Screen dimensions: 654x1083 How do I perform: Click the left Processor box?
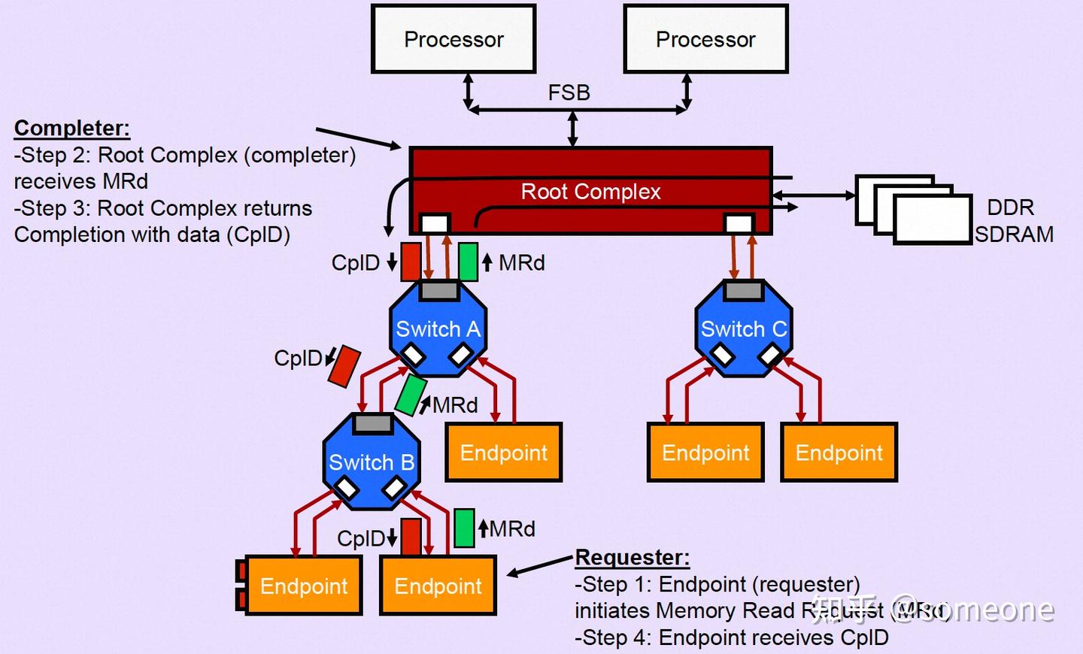pyautogui.click(x=454, y=39)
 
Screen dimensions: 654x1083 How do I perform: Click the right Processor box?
pyautogui.click(x=705, y=39)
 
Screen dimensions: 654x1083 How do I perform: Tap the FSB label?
pyautogui.click(x=569, y=92)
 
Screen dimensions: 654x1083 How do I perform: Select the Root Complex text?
pyautogui.click(x=590, y=192)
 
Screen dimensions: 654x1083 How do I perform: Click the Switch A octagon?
pyautogui.click(x=438, y=329)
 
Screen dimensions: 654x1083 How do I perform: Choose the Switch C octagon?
pyautogui.click(x=744, y=329)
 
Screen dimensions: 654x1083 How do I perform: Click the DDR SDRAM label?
pyautogui.click(x=1012, y=221)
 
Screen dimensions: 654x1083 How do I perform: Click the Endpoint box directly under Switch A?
pyautogui.click(x=504, y=453)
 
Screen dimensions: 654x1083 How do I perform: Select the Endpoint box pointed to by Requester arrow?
pyautogui.click(x=438, y=586)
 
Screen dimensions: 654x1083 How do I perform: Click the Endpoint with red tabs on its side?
pyautogui.click(x=303, y=586)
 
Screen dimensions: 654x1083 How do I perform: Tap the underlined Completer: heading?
pyautogui.click(x=72, y=128)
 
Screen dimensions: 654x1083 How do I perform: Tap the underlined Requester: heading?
pyautogui.click(x=632, y=558)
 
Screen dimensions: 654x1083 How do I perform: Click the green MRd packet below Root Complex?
pyautogui.click(x=468, y=262)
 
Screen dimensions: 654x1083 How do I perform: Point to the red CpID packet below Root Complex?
pyautogui.click(x=411, y=262)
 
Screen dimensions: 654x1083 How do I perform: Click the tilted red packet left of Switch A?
pyautogui.click(x=344, y=366)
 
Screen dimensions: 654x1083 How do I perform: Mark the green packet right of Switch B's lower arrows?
pyautogui.click(x=464, y=528)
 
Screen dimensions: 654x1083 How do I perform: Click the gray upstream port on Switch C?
pyautogui.click(x=744, y=290)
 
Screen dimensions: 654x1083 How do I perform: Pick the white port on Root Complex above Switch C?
pyautogui.click(x=738, y=223)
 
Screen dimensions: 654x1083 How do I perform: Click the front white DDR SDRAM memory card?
pyautogui.click(x=932, y=220)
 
